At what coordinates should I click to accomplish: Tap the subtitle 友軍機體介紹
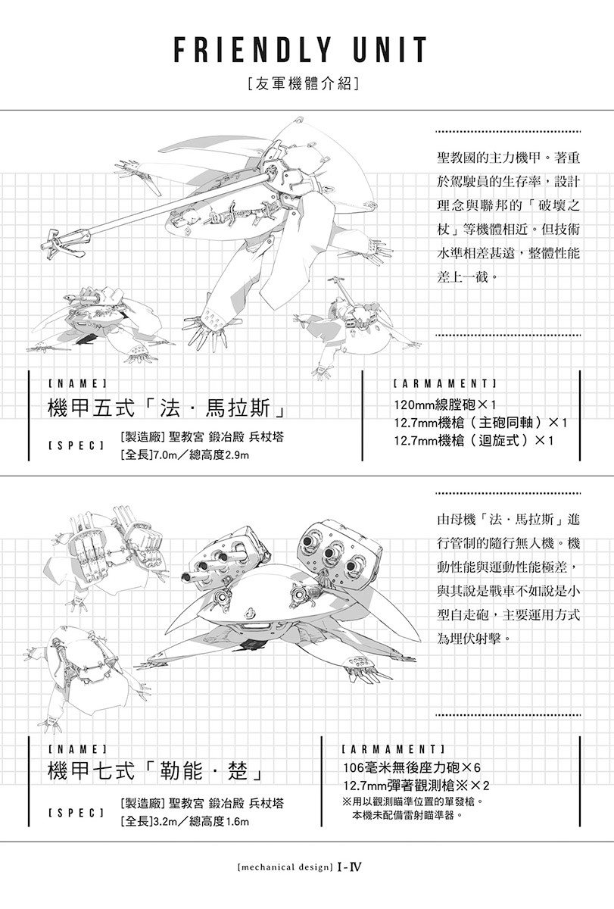(304, 83)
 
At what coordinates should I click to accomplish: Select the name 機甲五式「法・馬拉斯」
(167, 408)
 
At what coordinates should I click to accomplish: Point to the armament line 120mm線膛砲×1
(446, 405)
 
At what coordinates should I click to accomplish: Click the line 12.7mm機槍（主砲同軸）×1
(481, 423)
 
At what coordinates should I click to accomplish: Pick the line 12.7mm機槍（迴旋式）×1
(474, 440)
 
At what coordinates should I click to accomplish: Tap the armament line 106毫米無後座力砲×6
(412, 767)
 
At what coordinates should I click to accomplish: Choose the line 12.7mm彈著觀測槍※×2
(416, 786)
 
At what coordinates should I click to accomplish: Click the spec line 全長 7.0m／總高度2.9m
(185, 455)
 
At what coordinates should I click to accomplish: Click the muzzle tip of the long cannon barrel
(44, 246)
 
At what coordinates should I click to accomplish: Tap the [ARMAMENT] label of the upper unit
(445, 383)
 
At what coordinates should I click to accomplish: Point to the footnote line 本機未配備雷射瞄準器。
(407, 814)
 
